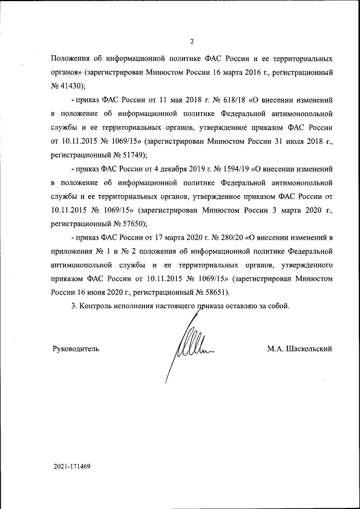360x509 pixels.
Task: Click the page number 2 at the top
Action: coord(192,41)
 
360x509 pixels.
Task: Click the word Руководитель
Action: coord(75,349)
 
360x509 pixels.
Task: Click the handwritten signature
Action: coord(188,348)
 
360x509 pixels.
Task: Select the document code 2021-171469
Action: coord(73,467)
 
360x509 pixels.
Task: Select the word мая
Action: coord(167,100)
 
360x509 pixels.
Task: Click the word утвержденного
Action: coord(306,265)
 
